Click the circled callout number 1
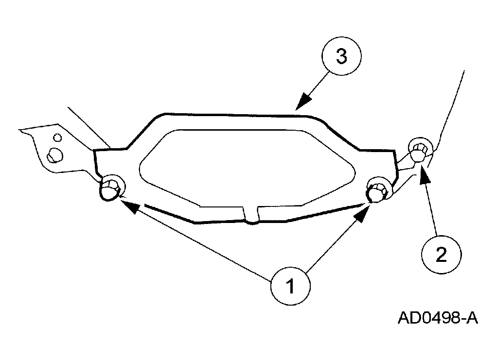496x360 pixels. tap(290, 286)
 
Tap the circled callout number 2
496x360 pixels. tap(441, 255)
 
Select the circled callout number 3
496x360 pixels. tap(342, 56)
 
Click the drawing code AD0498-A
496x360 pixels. tap(438, 318)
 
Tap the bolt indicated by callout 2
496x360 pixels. tap(421, 150)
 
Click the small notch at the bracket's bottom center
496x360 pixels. tap(252, 215)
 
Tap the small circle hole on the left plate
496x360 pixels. tap(57, 138)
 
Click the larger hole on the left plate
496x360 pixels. tap(55, 155)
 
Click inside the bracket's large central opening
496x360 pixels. tap(247, 168)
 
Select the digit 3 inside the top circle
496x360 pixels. tap(342, 57)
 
